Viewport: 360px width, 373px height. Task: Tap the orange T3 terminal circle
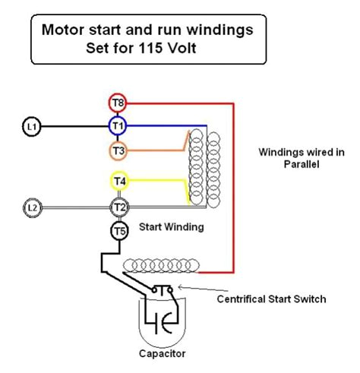point(118,150)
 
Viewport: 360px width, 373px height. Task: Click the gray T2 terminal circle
point(120,207)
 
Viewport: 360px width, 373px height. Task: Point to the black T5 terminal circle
point(120,232)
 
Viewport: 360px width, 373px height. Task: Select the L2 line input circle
point(32,207)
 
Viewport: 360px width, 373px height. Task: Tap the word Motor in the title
point(62,30)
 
